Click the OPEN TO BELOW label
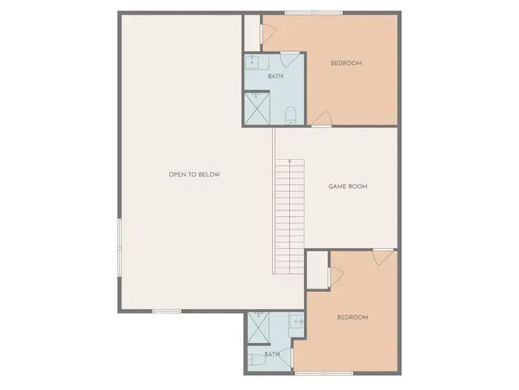[x=194, y=175]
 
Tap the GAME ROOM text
[x=348, y=186]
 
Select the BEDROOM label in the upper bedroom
[x=346, y=63]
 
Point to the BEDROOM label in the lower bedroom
[x=352, y=317]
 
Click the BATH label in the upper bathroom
[x=275, y=75]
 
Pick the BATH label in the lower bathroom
[x=271, y=354]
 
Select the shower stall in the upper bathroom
[x=258, y=108]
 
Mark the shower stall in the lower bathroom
[x=258, y=327]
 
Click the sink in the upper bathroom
[x=252, y=61]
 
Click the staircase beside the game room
[x=289, y=215]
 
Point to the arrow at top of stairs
[x=290, y=161]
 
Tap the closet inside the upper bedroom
[x=252, y=32]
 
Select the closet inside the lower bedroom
[x=317, y=269]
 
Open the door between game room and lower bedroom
[x=383, y=256]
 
